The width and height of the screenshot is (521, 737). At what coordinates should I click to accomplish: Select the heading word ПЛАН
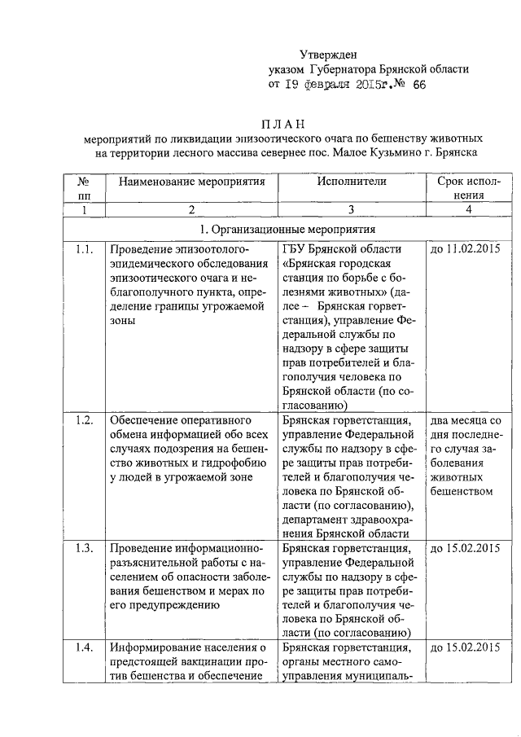pyautogui.click(x=282, y=124)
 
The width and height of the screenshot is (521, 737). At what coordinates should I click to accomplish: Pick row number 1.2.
pyautogui.click(x=84, y=420)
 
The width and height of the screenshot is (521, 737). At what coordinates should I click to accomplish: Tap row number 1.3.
pyautogui.click(x=84, y=547)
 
